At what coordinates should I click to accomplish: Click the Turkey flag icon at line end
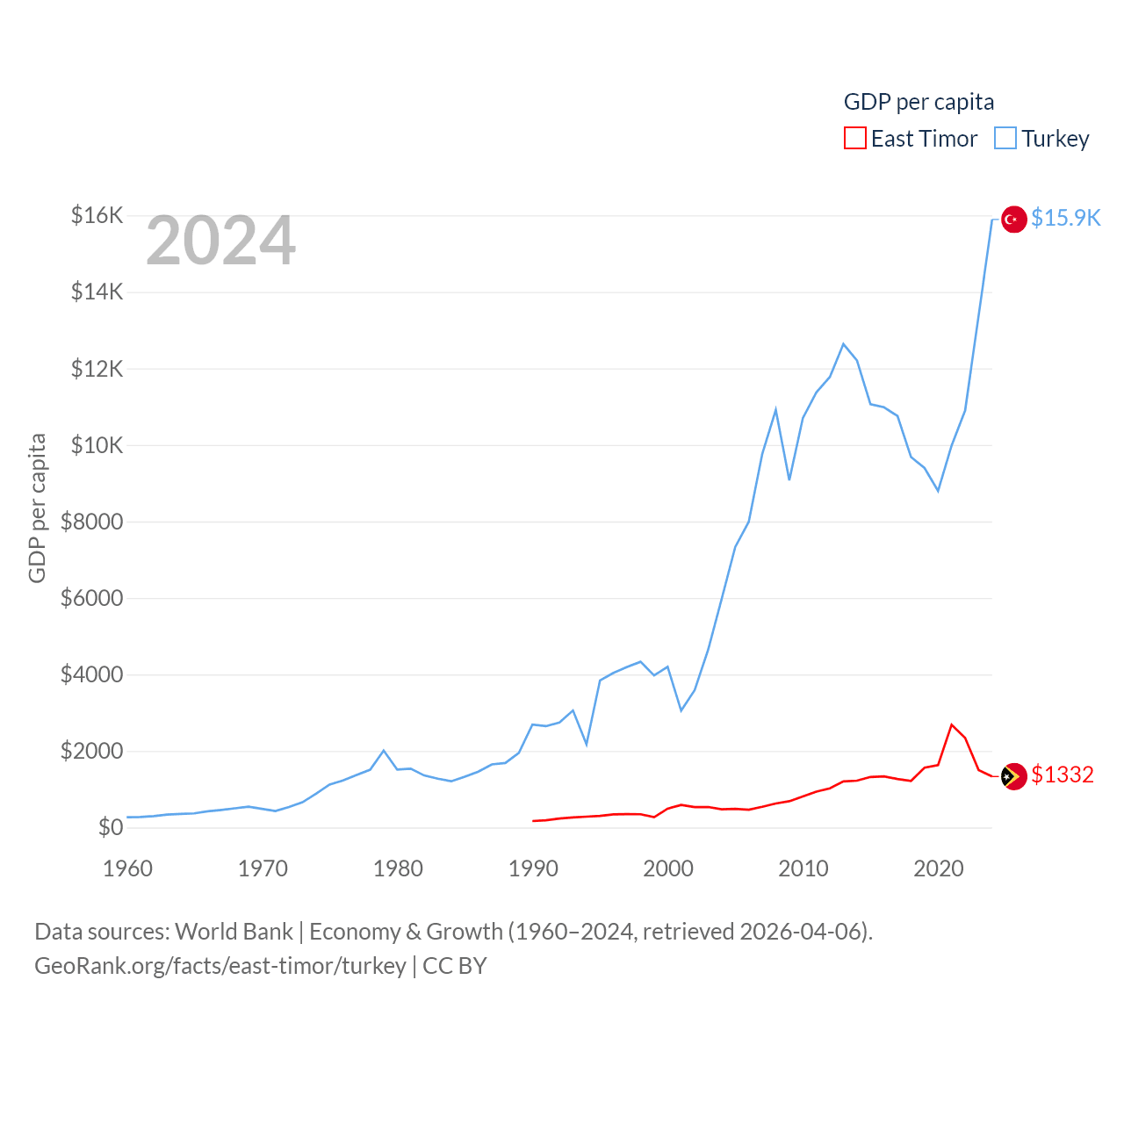pos(1014,219)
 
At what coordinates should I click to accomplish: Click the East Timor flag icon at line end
pos(1014,776)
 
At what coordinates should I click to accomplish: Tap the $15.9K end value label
pos(1065,218)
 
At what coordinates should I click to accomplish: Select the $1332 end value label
pos(1062,775)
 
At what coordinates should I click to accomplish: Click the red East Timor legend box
pos(854,139)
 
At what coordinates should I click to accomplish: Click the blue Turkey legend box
pos(1005,139)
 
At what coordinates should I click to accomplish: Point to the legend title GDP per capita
pos(919,102)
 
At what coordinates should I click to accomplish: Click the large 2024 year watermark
pos(220,241)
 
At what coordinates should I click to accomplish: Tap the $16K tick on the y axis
pos(97,215)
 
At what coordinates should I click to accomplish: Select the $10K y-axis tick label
pos(97,445)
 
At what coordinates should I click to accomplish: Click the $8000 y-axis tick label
pos(92,522)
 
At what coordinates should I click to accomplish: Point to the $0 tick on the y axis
pos(111,827)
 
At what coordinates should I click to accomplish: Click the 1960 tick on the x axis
pos(128,868)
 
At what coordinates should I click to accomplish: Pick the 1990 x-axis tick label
pos(533,868)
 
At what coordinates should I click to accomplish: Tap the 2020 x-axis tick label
pos(939,868)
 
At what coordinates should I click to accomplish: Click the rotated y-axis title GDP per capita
pos(37,508)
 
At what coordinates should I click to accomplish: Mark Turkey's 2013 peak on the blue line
pos(844,344)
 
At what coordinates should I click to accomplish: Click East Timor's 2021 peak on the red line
pos(952,725)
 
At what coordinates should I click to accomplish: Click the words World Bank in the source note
pos(234,931)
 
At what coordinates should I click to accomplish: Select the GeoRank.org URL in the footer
pos(220,966)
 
